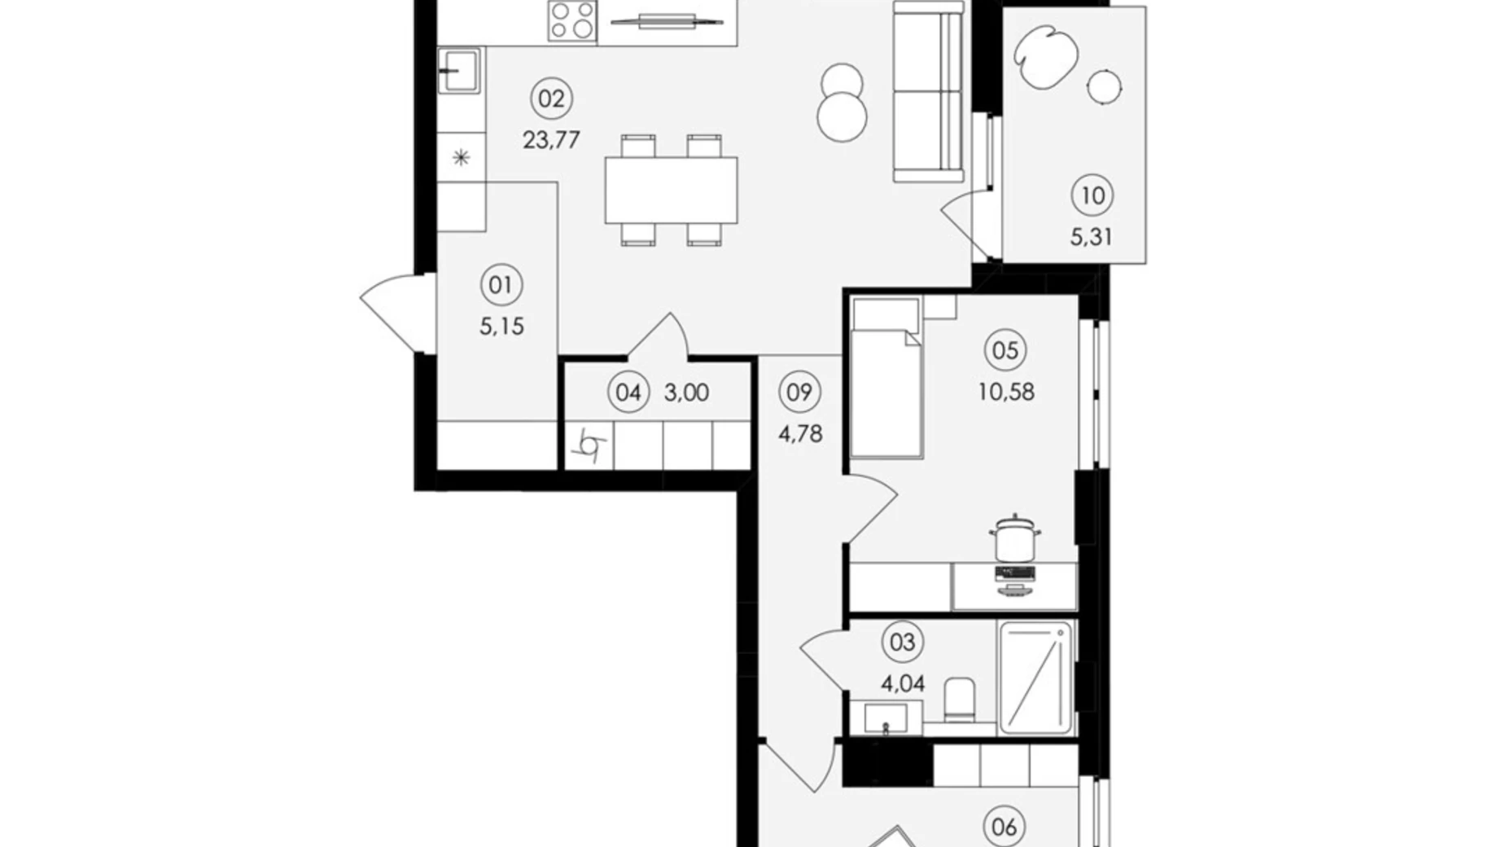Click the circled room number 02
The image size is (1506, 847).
tap(551, 99)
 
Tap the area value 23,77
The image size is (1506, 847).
tap(551, 140)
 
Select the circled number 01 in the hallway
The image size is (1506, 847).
tap(501, 285)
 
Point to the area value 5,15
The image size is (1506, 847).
tap(501, 327)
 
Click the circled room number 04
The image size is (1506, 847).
tap(628, 393)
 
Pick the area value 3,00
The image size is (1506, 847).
tap(686, 393)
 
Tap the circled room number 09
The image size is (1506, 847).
tap(799, 392)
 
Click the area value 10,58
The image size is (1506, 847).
tap(1006, 392)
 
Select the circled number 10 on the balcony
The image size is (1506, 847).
tap(1092, 195)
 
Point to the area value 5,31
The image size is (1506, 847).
tap(1092, 237)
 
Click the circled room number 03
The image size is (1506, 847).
tap(902, 642)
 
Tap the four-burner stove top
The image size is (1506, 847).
tap(572, 20)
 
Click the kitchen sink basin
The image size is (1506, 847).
tap(459, 70)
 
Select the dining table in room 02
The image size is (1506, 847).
tap(671, 190)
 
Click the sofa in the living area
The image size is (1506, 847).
tap(928, 91)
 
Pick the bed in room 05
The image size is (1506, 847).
tap(886, 376)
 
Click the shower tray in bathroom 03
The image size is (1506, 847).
tap(1035, 678)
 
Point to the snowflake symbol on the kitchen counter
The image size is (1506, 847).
tap(461, 157)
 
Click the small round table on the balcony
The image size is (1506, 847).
tap(1104, 86)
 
